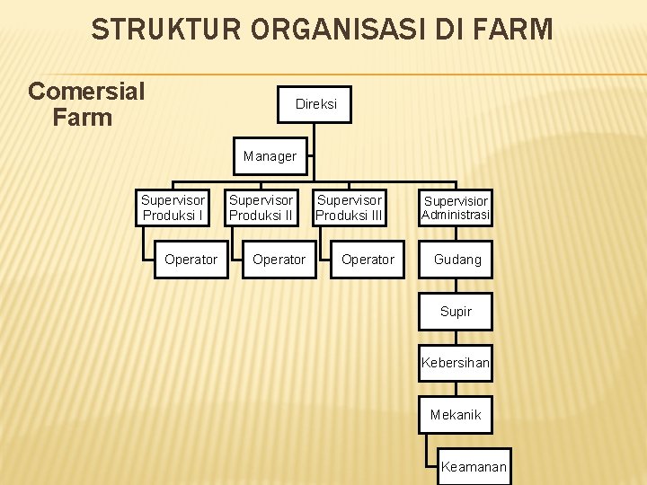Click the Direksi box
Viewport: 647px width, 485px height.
315,104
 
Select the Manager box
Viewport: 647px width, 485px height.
270,156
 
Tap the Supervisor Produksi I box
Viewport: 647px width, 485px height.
173,207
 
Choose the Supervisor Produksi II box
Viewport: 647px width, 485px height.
261,207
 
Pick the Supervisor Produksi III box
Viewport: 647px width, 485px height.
350,207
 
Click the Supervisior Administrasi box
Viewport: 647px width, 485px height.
456,207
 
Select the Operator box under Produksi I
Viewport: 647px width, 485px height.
191,260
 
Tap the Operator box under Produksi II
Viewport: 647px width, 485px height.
279,260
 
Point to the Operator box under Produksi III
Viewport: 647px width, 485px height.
368,260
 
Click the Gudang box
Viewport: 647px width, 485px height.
456,260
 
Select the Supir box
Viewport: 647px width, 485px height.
456,312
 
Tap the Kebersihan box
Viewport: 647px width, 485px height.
456,363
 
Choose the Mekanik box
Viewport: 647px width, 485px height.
456,415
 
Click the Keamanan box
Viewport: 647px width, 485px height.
474,466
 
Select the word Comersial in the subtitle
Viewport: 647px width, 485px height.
86,92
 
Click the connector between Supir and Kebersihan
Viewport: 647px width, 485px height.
456,338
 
